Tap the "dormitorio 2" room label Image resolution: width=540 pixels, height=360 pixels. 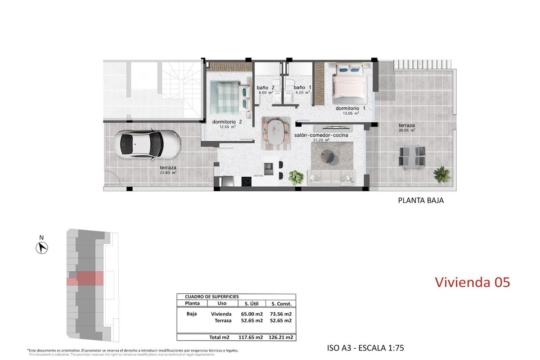tap(227, 121)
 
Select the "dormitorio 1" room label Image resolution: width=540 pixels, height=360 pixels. tap(351, 108)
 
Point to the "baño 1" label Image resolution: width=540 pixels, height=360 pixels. tap(302, 88)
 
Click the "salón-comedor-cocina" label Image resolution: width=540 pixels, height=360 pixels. tap(321, 135)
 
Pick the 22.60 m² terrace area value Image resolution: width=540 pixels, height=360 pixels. tap(168, 172)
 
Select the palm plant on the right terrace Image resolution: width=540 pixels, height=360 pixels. tap(441, 174)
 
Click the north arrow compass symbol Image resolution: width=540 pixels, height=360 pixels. tap(42, 247)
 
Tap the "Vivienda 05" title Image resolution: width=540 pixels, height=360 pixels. tap(472, 282)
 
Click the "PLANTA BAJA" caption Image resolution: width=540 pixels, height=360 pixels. tap(421, 201)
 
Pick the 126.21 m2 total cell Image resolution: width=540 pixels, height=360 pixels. tap(281, 337)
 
